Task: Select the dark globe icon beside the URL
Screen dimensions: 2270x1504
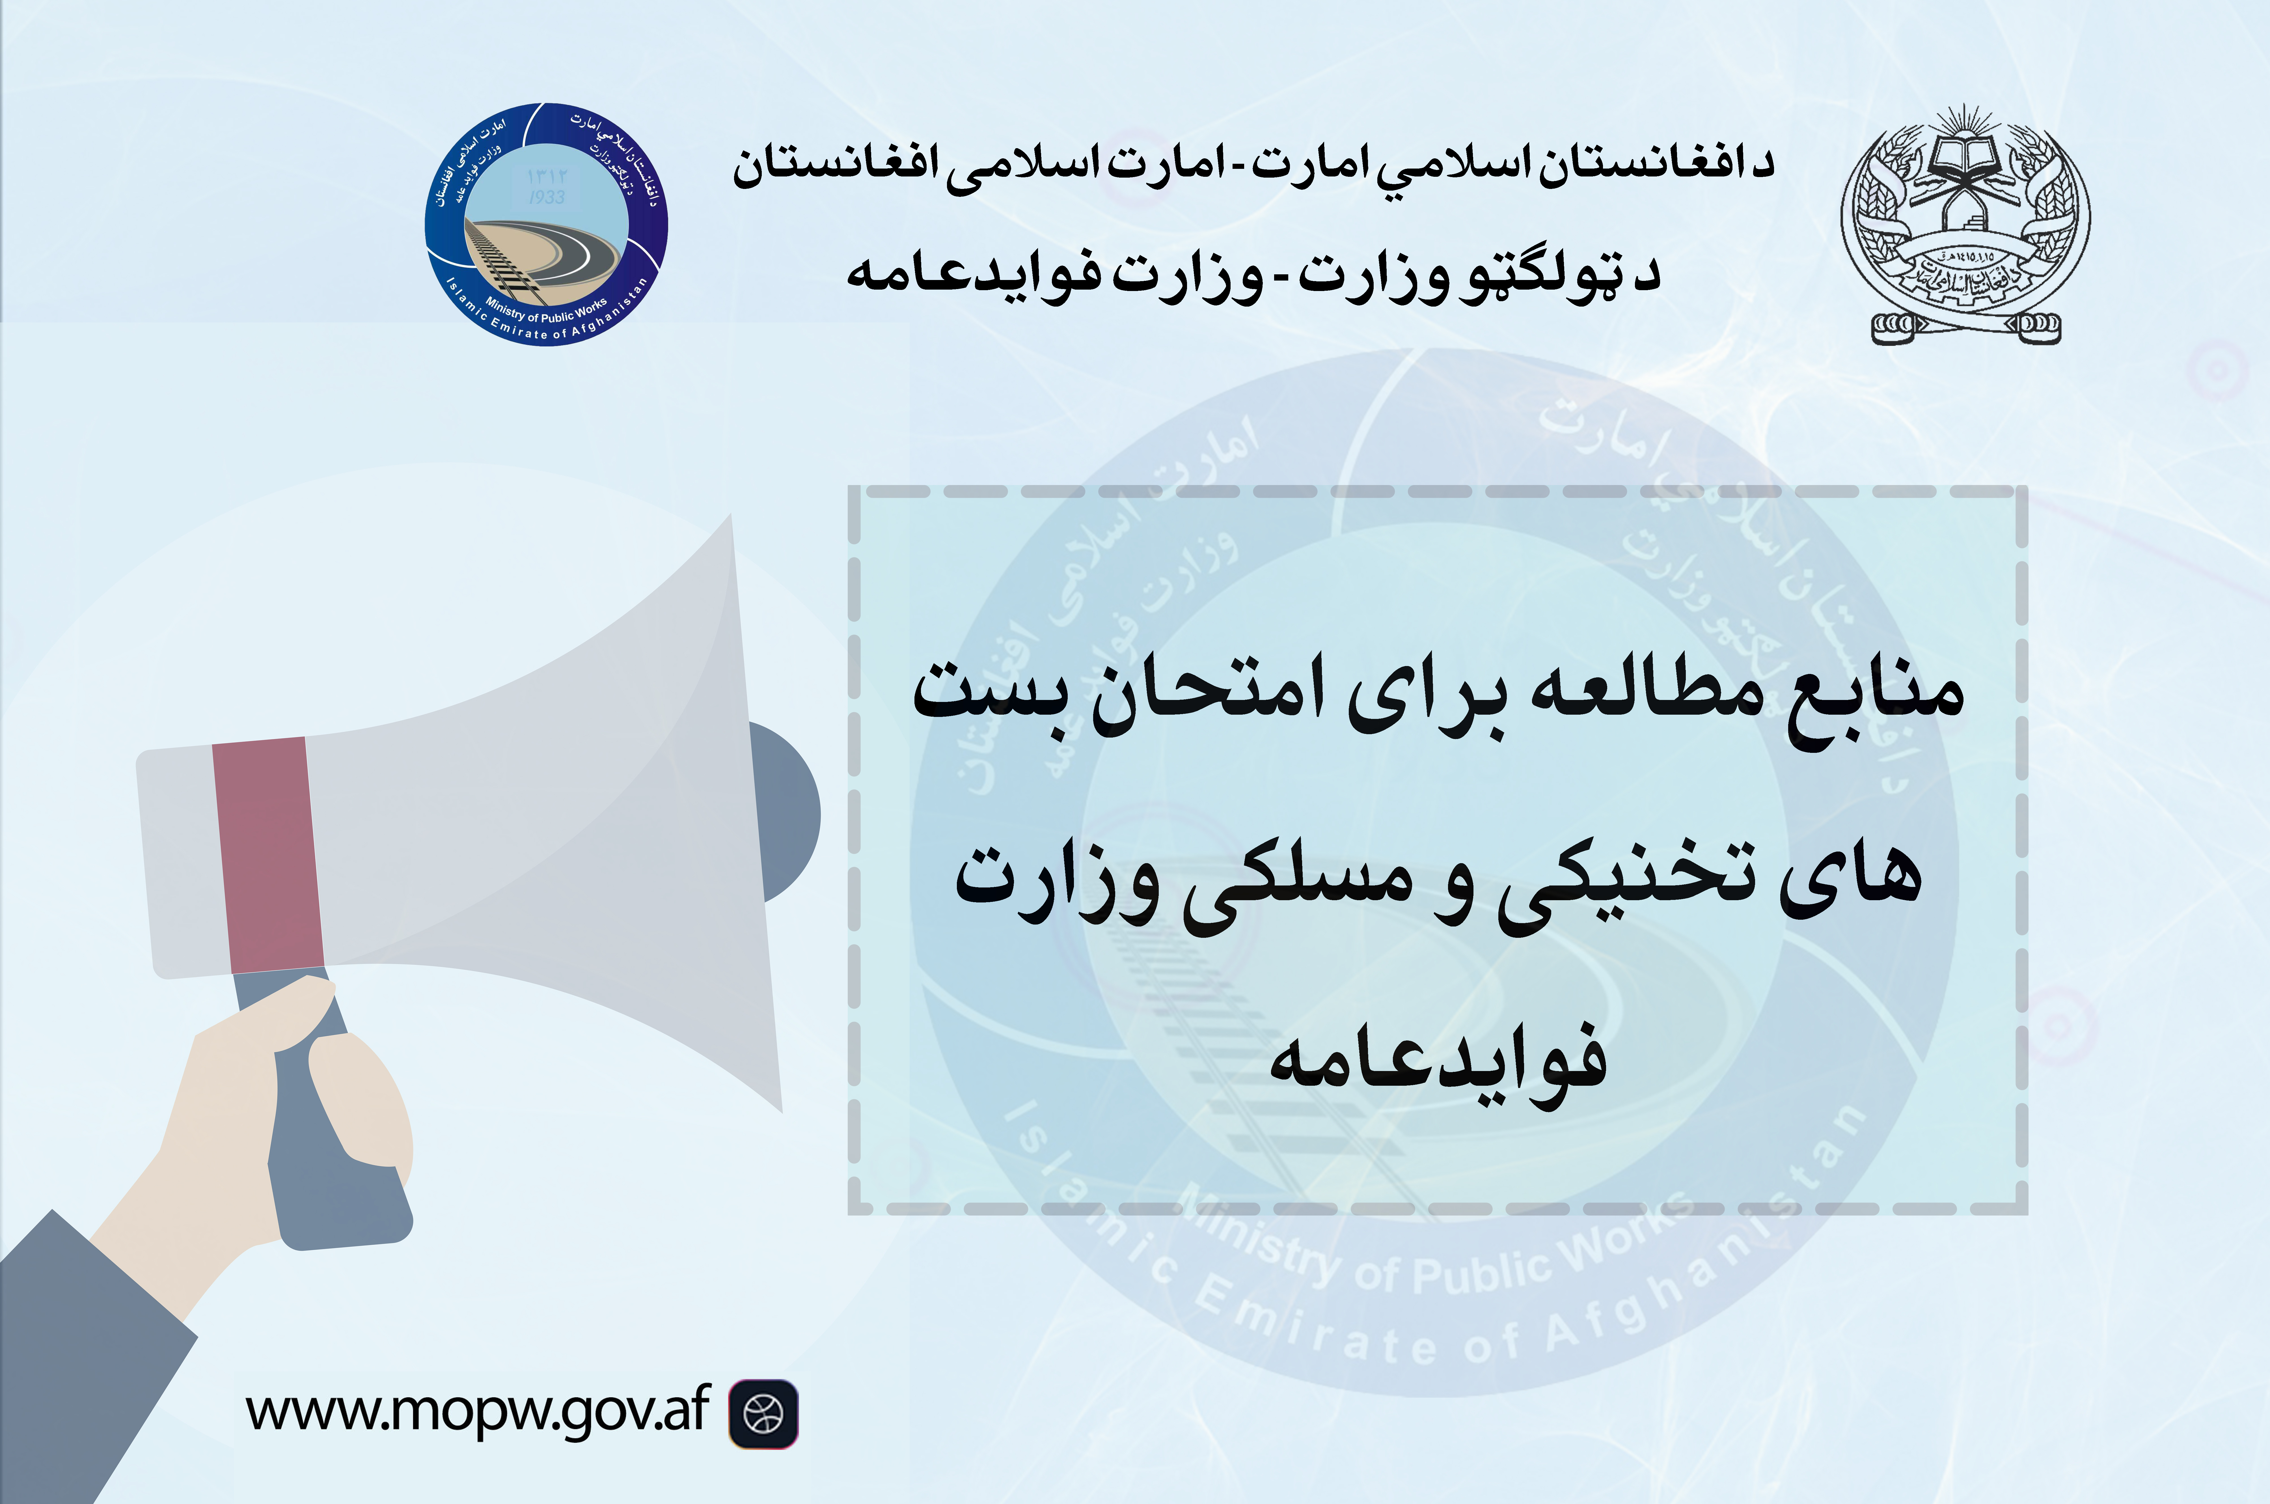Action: click(x=763, y=1413)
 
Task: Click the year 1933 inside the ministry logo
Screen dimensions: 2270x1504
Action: click(x=547, y=197)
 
